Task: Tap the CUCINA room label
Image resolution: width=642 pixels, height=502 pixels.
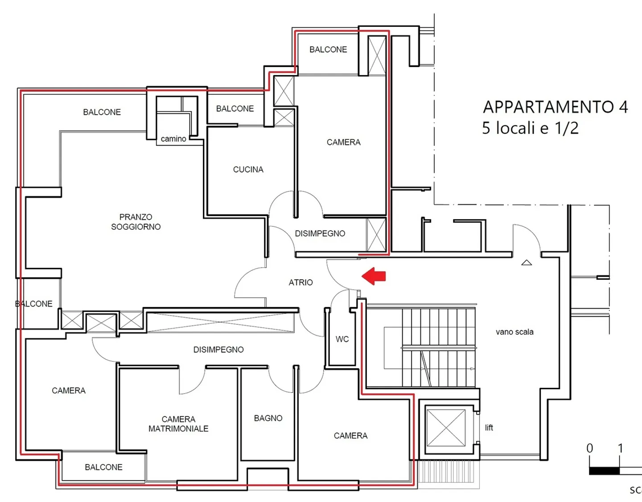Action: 248,170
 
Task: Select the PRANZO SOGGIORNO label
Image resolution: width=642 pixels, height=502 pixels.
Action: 136,222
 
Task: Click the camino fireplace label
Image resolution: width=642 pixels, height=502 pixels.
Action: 173,139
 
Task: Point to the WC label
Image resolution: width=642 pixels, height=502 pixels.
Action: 342,339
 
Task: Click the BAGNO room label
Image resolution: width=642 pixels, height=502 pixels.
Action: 268,418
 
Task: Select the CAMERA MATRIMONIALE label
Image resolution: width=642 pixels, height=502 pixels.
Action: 178,424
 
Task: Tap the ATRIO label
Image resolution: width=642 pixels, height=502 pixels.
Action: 300,282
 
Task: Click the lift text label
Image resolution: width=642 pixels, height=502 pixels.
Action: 489,427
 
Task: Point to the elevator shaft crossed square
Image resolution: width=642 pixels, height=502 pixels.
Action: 446,427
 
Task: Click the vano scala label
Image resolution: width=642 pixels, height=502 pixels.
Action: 514,332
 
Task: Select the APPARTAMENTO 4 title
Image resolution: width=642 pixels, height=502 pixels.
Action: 555,107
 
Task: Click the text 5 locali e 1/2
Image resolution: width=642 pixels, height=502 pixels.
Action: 530,128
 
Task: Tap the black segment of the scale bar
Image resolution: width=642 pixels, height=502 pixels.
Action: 604,471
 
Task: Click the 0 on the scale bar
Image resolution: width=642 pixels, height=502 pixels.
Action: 590,448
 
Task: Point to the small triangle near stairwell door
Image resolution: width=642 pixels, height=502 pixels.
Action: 527,263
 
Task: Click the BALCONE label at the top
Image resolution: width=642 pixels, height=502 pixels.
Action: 328,50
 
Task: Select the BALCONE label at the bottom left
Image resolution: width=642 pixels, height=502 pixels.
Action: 103,467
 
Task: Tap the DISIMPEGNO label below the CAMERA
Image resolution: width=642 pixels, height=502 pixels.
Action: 320,233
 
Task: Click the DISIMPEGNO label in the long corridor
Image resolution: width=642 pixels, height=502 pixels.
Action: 218,350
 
